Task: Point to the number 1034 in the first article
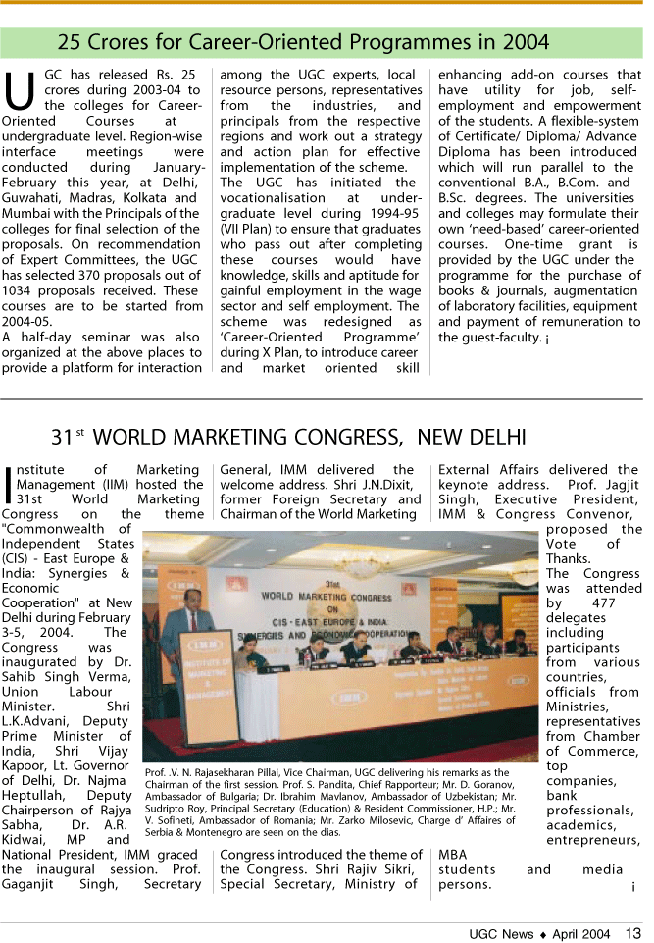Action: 23,291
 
